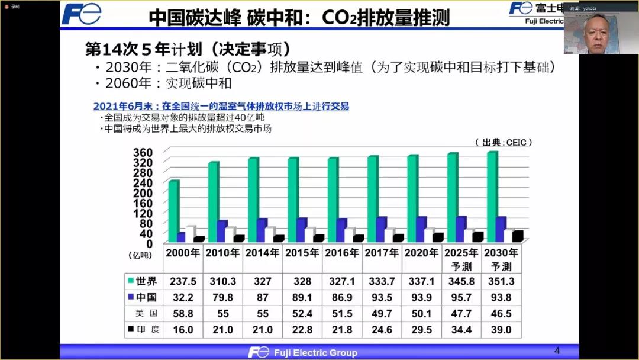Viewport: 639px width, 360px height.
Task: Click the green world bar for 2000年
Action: point(173,210)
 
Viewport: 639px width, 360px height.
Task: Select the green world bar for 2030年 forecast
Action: point(492,196)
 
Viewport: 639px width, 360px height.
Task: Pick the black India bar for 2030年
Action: point(517,236)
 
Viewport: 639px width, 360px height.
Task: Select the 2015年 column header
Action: point(302,253)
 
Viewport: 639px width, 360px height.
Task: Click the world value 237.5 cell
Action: point(183,281)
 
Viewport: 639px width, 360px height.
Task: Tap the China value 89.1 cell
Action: point(302,297)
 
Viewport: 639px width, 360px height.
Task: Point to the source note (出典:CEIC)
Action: point(503,143)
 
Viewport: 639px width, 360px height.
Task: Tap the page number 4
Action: point(556,350)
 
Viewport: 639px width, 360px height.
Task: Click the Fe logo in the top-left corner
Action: point(81,14)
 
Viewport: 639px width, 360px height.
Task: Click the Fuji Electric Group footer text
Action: point(315,352)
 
